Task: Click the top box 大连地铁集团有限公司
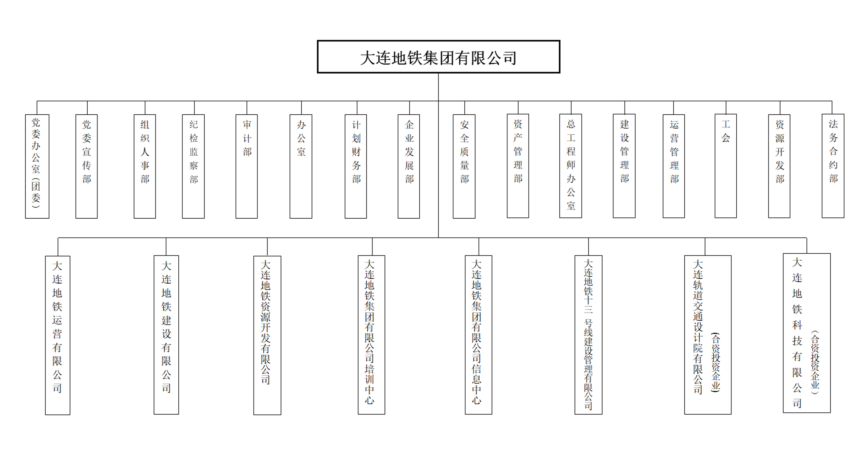438,57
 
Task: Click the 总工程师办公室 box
571,166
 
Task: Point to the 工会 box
726,166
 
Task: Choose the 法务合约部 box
833,166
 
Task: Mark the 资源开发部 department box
779,166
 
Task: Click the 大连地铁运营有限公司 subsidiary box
58,335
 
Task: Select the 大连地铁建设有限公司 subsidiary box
166,335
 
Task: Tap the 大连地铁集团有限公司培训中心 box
371,335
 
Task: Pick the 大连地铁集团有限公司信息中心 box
478,335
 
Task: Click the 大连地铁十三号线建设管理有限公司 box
588,335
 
